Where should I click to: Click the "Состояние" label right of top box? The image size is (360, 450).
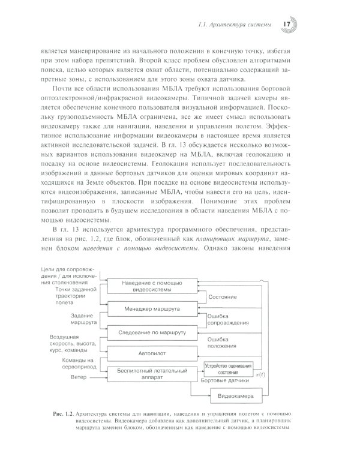[x=221, y=298]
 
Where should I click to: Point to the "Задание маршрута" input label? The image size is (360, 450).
[x=83, y=319]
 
